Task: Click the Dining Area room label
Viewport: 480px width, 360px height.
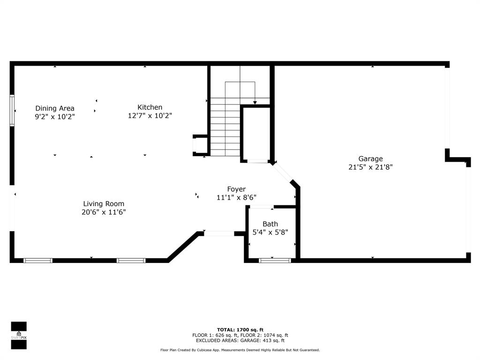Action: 54,108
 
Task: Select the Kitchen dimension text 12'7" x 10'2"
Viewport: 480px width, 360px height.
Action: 150,115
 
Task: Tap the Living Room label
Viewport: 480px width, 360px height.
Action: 104,203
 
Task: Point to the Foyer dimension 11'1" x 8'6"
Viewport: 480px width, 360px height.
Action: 236,197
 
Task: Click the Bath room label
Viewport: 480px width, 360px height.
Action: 270,224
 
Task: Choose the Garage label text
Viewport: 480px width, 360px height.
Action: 370,158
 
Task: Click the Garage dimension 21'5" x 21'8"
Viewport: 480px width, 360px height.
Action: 370,167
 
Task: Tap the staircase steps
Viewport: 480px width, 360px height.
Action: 225,127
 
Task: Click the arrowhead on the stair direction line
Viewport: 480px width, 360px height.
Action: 255,102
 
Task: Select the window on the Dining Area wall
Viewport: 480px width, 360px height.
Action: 12,111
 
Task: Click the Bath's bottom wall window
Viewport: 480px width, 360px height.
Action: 275,260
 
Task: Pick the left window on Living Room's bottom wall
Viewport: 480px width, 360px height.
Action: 38,260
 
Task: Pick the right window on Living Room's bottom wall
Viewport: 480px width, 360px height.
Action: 131,260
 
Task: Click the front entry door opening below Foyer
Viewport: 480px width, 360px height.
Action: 219,233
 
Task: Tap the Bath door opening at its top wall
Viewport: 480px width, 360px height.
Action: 262,206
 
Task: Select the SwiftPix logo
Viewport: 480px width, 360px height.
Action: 19,335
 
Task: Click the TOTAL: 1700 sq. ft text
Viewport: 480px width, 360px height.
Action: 240,330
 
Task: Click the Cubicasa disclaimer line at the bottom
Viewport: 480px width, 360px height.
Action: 240,350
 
